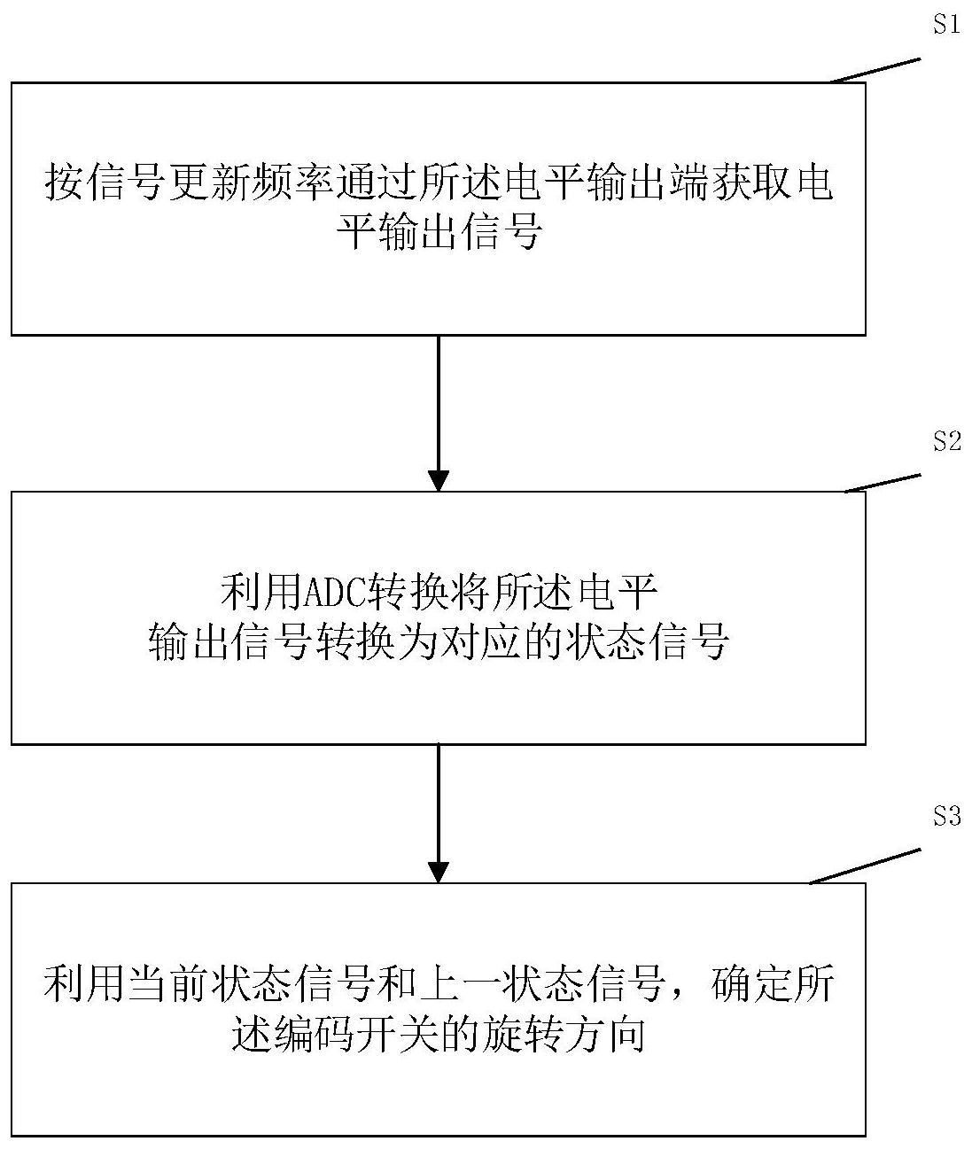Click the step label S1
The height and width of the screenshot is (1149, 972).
[x=946, y=24]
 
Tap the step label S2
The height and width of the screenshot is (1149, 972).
[x=946, y=441]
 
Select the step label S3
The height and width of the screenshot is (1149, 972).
[x=946, y=816]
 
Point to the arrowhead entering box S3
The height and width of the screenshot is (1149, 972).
[x=439, y=871]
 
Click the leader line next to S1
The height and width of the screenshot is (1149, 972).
[x=875, y=71]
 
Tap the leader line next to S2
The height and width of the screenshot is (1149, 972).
[x=883, y=483]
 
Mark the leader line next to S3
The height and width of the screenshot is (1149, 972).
[x=866, y=866]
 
